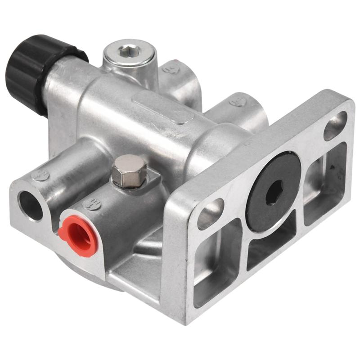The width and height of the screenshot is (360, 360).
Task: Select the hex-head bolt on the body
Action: point(130,170)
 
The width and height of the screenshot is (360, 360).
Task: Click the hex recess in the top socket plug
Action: point(126,52)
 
